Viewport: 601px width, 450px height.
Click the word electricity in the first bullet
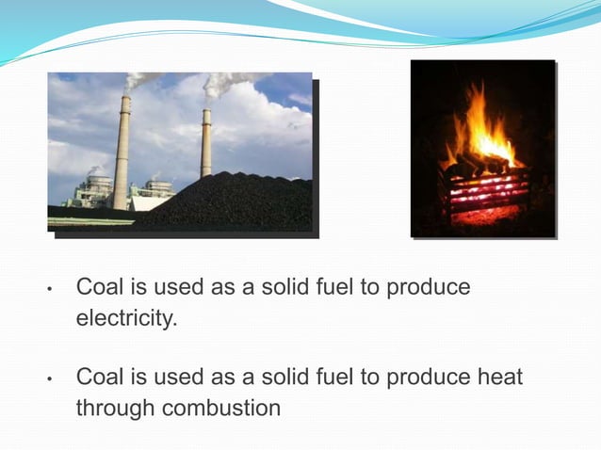click(125, 319)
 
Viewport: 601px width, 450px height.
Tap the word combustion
click(221, 410)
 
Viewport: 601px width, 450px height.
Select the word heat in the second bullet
click(500, 378)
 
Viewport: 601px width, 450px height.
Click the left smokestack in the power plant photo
click(122, 151)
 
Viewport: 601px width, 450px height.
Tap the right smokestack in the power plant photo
click(205, 141)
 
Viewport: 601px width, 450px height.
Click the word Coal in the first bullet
click(97, 287)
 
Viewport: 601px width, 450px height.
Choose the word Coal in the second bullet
click(97, 378)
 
